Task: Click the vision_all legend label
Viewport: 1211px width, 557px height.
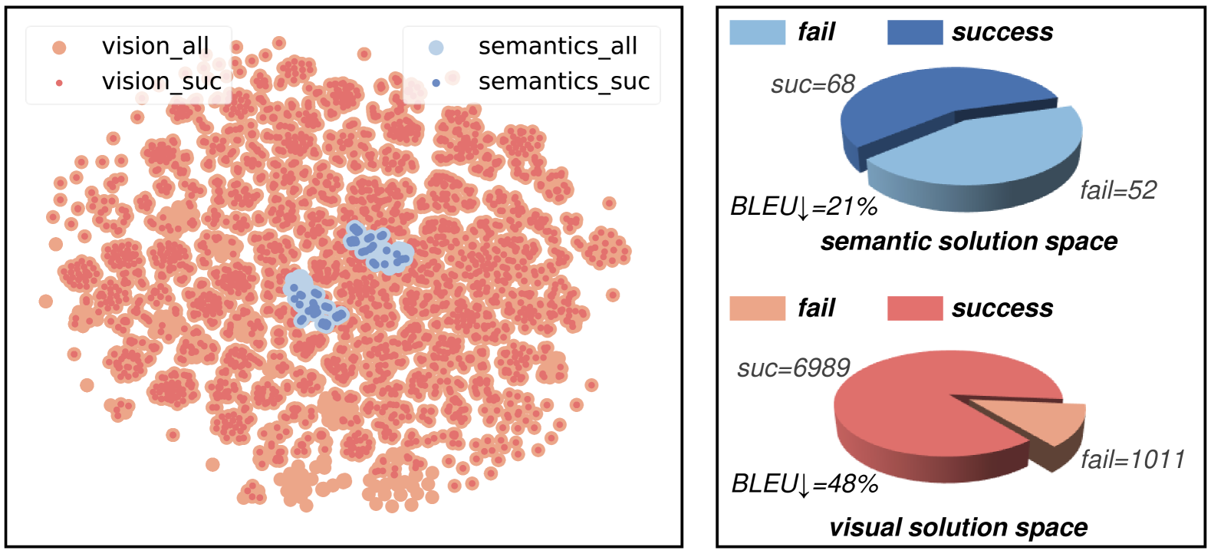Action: [155, 46]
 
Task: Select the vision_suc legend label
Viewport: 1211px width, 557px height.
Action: [161, 81]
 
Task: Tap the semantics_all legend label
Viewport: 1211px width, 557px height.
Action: [558, 46]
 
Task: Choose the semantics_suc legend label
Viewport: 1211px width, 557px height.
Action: [564, 81]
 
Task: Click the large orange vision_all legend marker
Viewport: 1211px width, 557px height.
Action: [59, 48]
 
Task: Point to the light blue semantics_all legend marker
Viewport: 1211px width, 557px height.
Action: [436, 48]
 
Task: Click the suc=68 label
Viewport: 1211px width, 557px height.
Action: [812, 84]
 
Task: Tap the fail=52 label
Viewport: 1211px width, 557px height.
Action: [1117, 190]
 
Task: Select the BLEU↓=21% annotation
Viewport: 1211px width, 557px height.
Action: [803, 207]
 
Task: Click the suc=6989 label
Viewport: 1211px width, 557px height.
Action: [793, 368]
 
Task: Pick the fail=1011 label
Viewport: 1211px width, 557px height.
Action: [1132, 460]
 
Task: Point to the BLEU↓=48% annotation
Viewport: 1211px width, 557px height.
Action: [804, 484]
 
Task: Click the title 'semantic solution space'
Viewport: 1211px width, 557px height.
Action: [969, 242]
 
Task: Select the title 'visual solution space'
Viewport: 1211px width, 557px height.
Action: [958, 528]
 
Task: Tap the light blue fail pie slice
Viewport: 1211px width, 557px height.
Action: [989, 150]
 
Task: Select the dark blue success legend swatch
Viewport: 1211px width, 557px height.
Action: [914, 32]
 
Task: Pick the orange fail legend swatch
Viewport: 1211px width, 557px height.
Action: [757, 308]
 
